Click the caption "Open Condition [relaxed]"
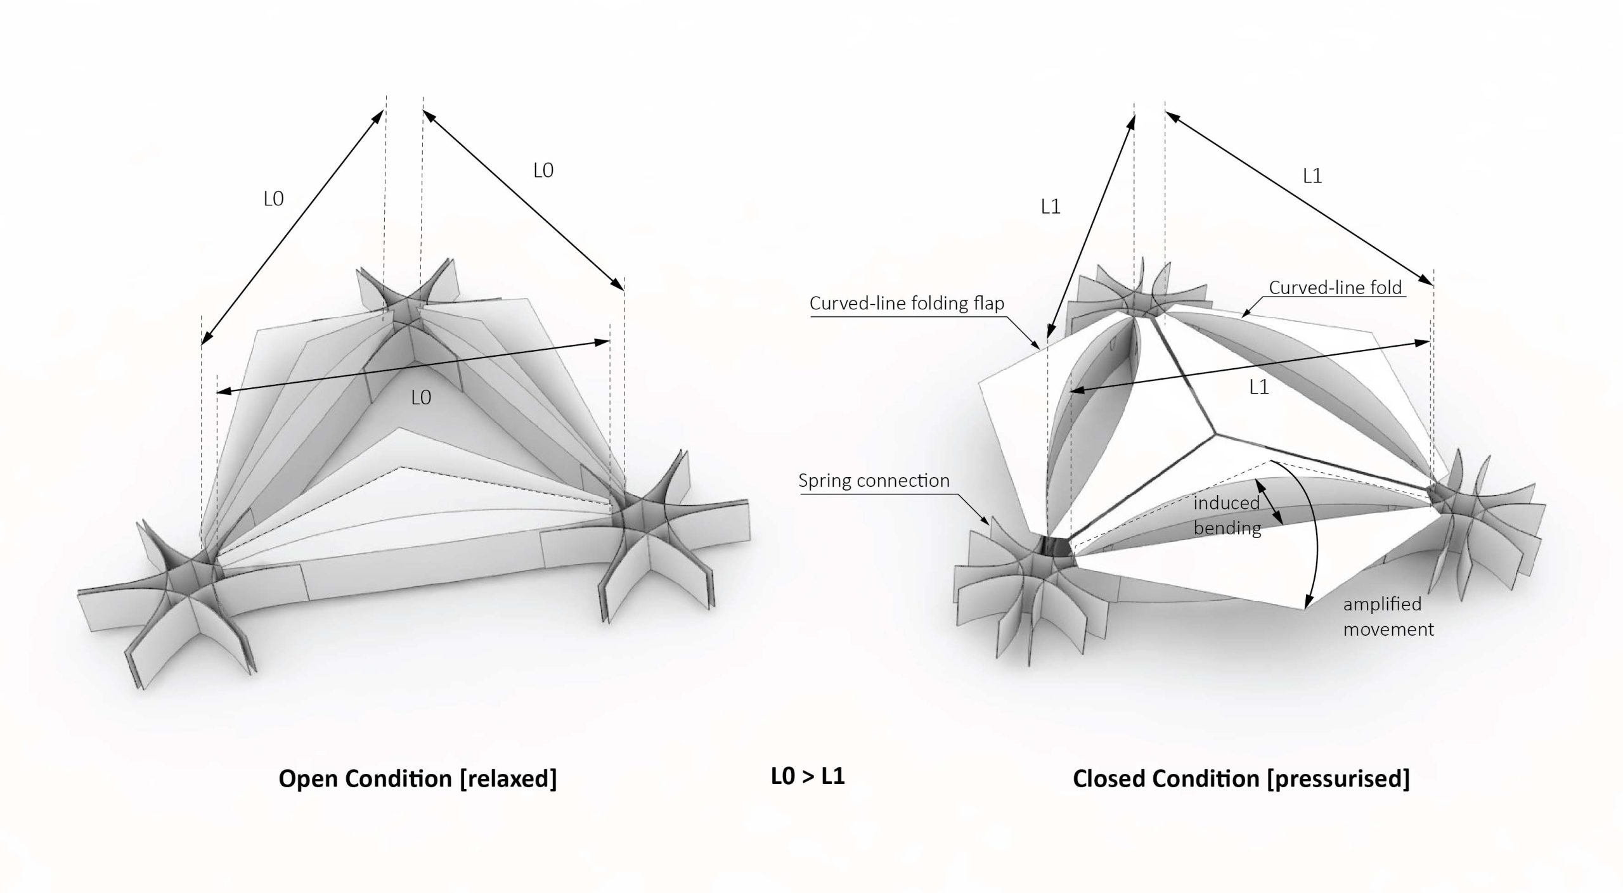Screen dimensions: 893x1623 tap(418, 779)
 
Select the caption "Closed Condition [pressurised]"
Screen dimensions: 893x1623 tap(1241, 779)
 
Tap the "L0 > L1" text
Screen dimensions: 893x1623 tap(808, 776)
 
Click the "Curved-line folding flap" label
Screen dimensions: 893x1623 tap(907, 304)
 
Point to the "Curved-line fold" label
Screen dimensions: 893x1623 tap(1335, 288)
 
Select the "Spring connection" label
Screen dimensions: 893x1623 tap(874, 480)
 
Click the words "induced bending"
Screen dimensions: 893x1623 tap(1227, 515)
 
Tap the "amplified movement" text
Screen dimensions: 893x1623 tap(1388, 616)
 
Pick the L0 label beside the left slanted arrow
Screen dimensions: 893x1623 tap(273, 199)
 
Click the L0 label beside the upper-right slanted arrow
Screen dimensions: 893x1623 tap(543, 170)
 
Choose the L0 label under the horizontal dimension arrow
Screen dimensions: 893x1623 tap(421, 397)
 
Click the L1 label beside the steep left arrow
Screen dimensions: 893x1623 tap(1051, 207)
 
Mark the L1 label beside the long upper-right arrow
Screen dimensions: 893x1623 tap(1312, 176)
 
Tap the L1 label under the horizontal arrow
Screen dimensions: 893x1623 tap(1258, 387)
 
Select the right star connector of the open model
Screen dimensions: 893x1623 tap(640, 513)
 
